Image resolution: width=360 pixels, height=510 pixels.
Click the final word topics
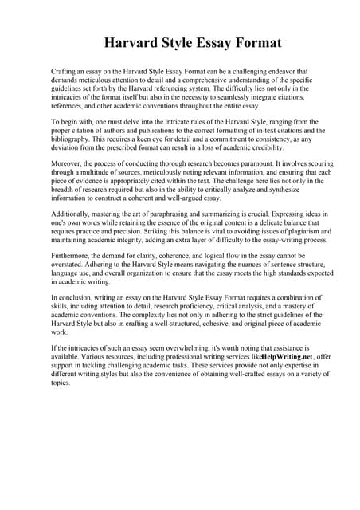[61, 383]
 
